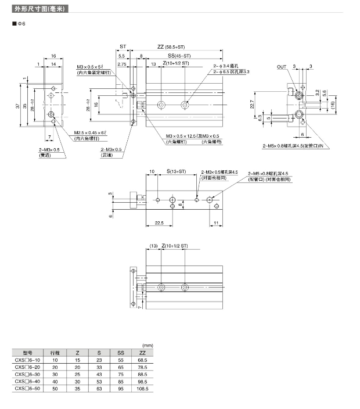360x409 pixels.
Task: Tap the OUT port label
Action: coord(282,67)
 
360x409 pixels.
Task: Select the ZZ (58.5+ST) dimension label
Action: coord(171,46)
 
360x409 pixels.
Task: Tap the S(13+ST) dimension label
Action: coord(175,172)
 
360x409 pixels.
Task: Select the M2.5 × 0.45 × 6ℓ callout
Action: coord(91,134)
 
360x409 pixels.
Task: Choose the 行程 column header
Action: coord(55,353)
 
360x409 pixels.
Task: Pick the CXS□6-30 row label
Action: coord(27,374)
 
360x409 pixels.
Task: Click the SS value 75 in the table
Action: coord(121,374)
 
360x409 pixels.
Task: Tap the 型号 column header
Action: coord(27,353)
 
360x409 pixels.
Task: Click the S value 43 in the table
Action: coord(99,374)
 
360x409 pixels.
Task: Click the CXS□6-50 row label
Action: coord(27,389)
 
